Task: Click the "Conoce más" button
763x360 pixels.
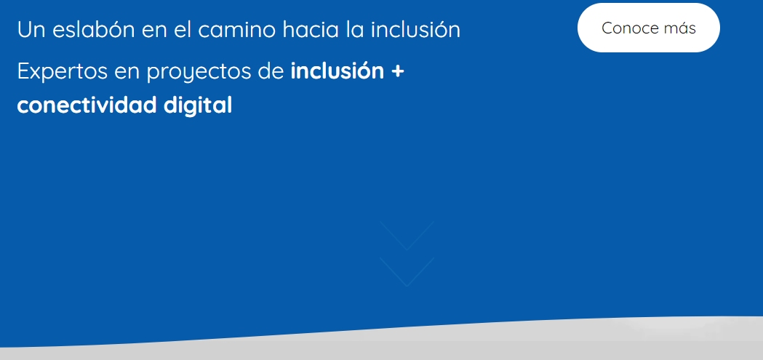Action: [649, 28]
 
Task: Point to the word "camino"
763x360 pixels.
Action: [236, 29]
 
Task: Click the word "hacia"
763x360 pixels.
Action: [311, 29]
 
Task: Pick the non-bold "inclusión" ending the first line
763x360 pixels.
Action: [415, 29]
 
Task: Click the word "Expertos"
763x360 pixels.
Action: [63, 71]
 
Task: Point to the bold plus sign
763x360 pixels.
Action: [398, 72]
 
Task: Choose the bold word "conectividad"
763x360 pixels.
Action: [87, 105]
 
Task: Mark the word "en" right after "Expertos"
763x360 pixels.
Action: [127, 73]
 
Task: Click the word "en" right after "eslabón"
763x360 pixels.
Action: [153, 31]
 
